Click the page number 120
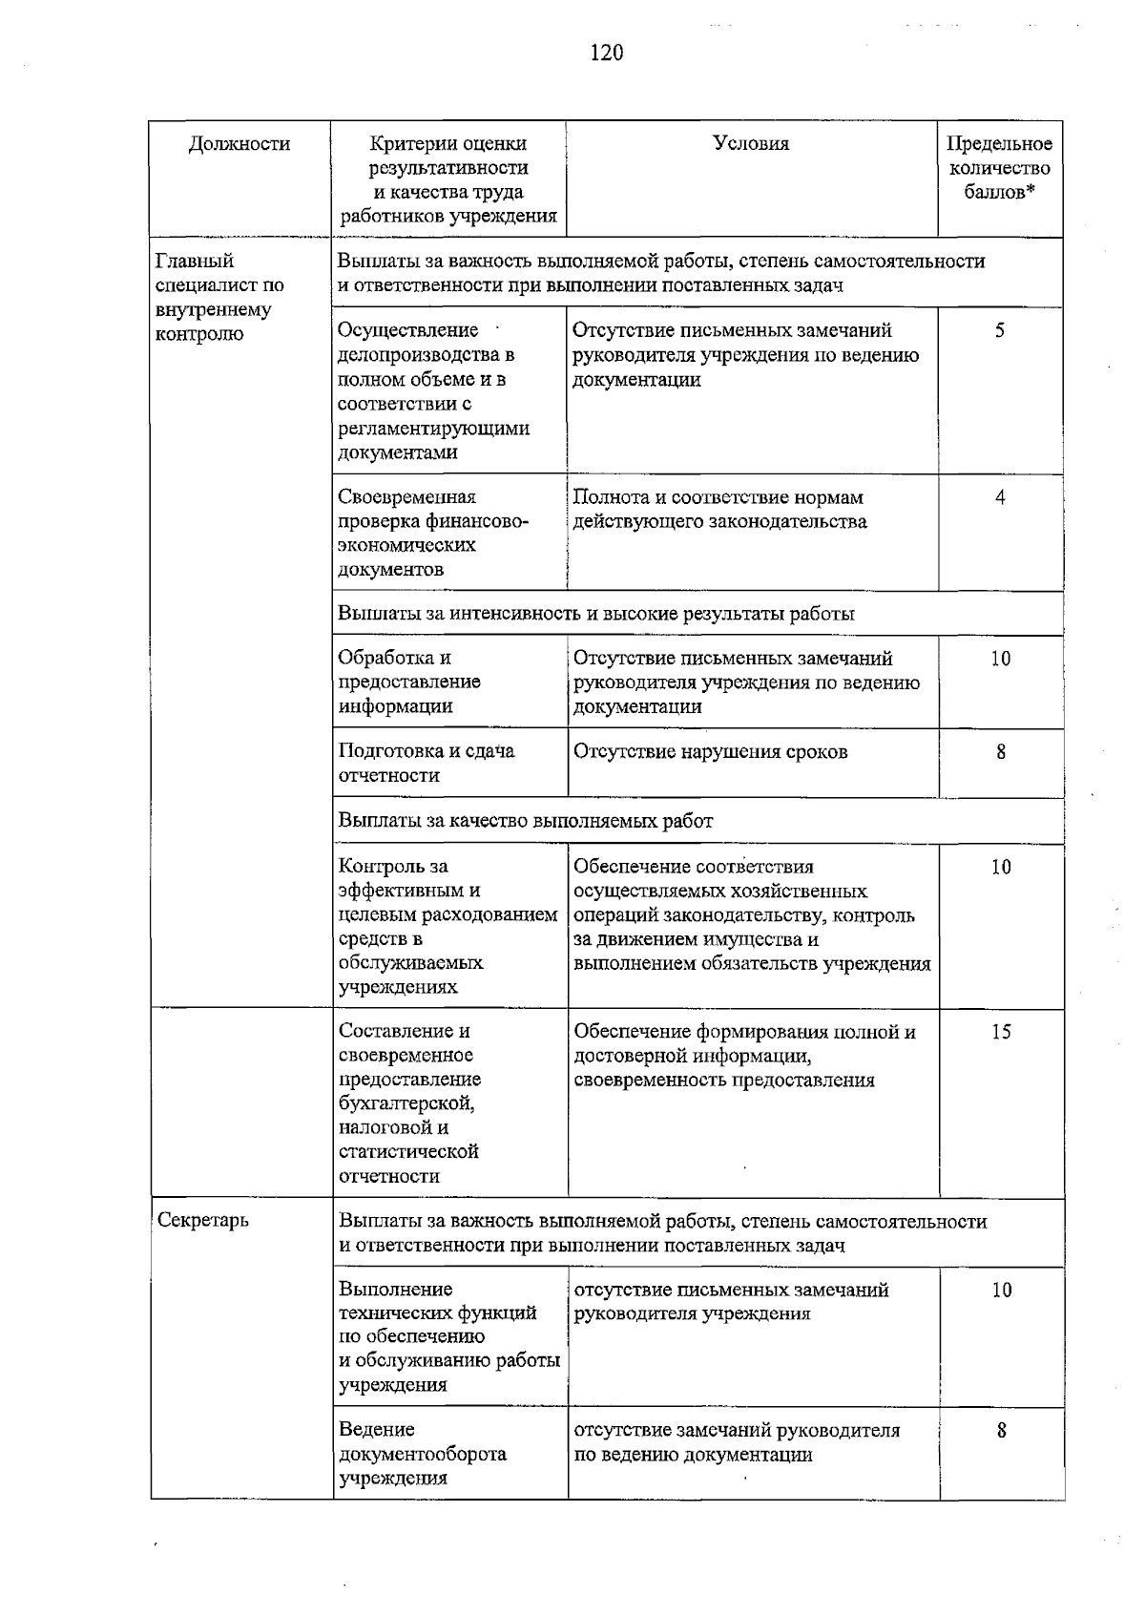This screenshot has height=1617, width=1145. (606, 52)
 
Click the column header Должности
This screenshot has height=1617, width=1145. (239, 144)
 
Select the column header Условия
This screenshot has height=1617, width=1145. (751, 143)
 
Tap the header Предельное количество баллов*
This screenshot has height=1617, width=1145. (999, 168)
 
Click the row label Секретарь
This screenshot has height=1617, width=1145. (202, 1220)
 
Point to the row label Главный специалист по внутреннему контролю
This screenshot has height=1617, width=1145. (219, 297)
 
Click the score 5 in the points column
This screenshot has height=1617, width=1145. (1000, 331)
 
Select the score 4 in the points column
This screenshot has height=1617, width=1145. (1000, 497)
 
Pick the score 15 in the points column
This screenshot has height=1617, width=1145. (1000, 1032)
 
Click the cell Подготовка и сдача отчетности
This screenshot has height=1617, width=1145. (427, 763)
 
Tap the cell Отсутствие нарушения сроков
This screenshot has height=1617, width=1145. (710, 751)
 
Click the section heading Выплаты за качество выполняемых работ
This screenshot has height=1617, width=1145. (526, 821)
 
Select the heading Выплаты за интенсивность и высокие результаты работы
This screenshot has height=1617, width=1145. (596, 614)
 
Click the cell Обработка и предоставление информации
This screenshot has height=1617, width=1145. (409, 682)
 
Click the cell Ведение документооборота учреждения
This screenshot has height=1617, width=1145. (422, 1454)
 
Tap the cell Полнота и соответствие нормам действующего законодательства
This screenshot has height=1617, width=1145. (719, 509)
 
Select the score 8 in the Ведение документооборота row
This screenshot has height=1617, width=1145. (1001, 1431)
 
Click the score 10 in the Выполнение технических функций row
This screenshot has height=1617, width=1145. (1001, 1291)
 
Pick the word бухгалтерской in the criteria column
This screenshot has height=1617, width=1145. (406, 1103)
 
